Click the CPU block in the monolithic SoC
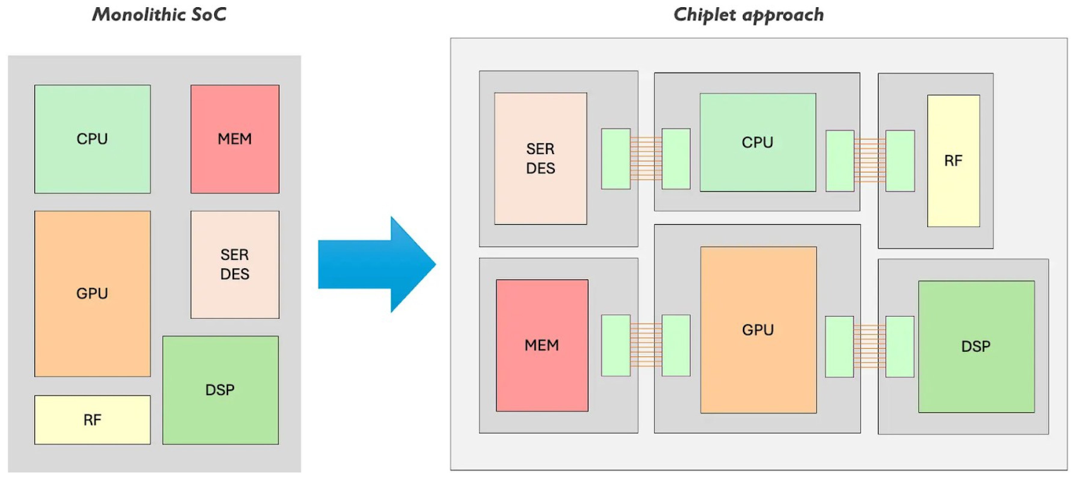92,139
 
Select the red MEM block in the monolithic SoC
235,139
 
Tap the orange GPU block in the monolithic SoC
92,293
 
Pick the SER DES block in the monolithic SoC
235,264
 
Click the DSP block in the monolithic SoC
220,390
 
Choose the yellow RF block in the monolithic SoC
92,420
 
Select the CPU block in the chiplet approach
757,142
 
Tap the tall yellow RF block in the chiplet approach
953,161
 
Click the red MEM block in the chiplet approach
542,345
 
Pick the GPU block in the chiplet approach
758,330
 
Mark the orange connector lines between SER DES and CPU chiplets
646,159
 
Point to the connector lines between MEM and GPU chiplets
646,345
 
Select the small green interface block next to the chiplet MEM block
616,345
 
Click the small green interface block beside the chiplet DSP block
900,347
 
